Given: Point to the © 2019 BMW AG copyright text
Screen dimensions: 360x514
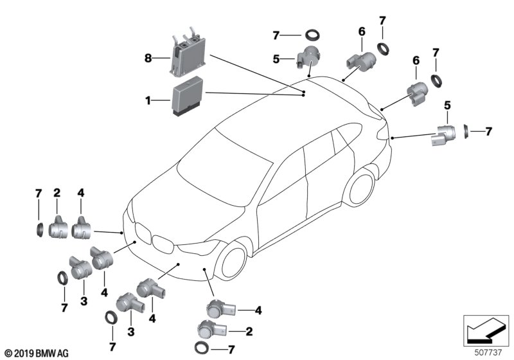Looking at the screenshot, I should tap(36, 353).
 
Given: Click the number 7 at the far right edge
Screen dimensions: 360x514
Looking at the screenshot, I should tap(489, 132).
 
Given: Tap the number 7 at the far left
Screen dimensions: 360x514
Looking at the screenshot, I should tap(39, 194).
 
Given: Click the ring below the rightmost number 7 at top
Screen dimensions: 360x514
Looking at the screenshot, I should tap(437, 80).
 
